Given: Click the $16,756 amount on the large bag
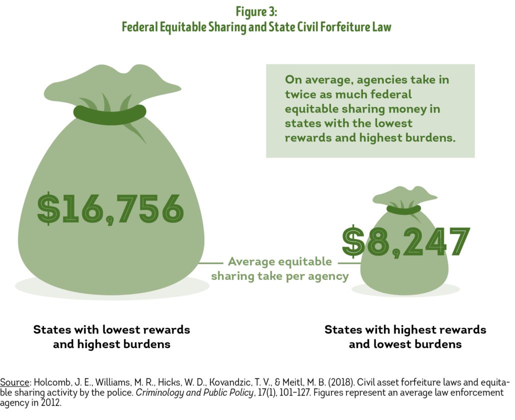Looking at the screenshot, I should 110,208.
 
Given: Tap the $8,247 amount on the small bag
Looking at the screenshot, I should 406,242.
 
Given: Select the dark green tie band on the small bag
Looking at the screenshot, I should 403,209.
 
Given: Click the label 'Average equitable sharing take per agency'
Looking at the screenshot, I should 279,268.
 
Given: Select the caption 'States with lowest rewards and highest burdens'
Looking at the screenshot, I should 111,337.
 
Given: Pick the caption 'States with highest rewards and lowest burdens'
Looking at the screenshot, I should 405,337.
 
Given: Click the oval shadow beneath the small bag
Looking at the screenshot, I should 405,289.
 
